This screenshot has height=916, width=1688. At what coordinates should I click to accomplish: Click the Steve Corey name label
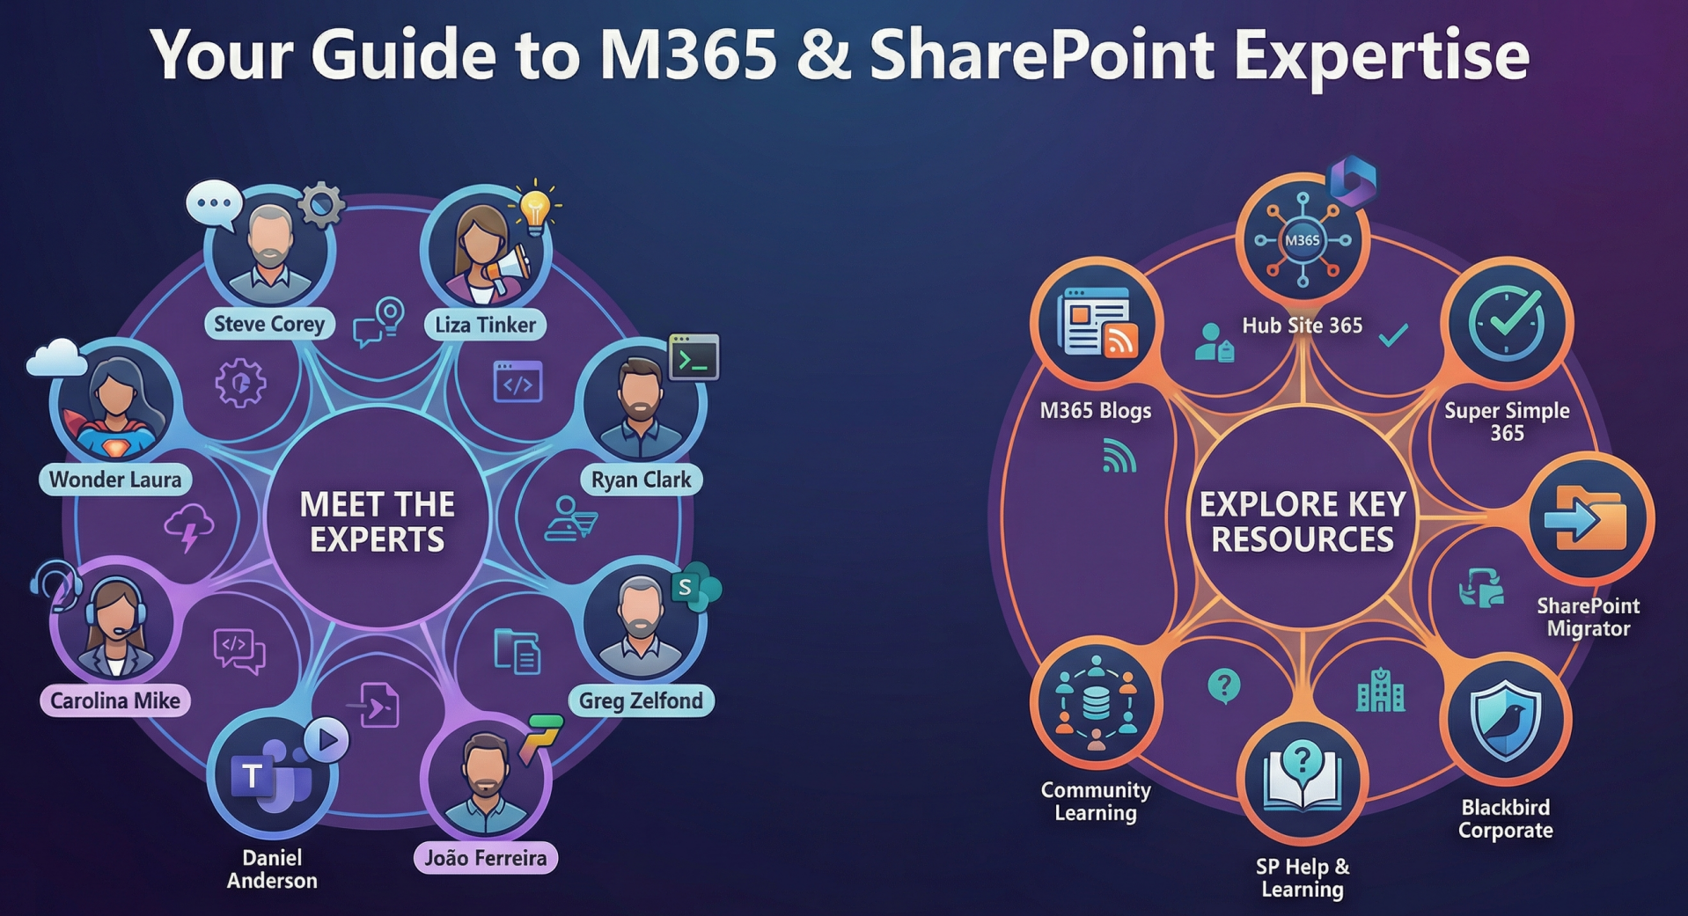269,324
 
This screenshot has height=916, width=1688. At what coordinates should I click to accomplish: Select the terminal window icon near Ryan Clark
694,357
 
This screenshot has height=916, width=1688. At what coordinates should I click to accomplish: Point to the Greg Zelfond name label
640,700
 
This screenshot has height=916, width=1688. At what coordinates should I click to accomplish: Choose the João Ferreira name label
485,858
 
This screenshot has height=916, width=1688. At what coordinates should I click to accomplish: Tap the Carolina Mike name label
114,700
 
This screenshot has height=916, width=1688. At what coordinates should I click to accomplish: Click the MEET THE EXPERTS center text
377,521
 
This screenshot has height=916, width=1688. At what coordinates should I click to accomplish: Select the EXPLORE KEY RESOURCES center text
1302,521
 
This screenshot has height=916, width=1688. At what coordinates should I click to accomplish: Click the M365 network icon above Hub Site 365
1302,239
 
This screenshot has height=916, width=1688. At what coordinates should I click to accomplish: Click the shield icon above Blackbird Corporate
1506,720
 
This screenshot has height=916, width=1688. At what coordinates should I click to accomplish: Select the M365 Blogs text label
1095,411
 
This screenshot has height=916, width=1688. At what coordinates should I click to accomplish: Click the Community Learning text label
1095,801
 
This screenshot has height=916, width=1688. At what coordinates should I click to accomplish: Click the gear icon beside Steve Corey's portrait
321,205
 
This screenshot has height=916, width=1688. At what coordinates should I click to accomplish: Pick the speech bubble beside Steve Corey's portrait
214,203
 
